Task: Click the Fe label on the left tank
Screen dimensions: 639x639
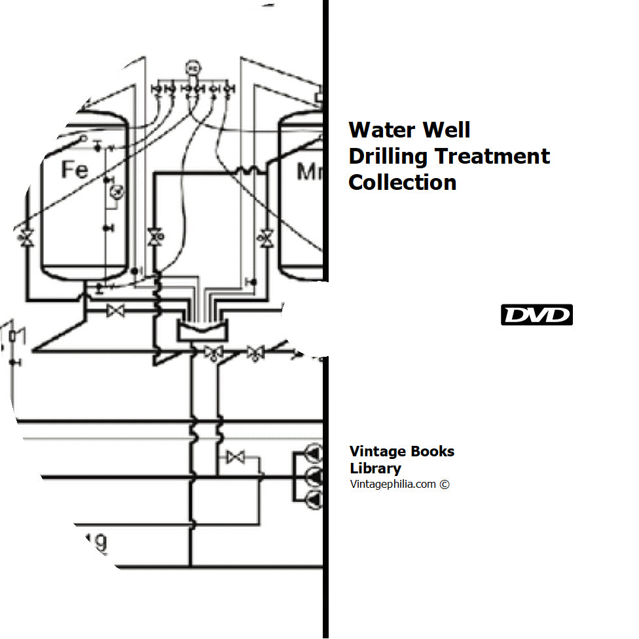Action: (75, 170)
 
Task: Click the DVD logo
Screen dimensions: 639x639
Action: (537, 315)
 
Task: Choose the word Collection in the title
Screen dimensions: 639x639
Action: (402, 182)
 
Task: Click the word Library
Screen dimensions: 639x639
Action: (375, 468)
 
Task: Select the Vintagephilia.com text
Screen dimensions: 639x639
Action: (392, 484)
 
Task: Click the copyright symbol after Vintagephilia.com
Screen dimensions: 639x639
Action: (445, 485)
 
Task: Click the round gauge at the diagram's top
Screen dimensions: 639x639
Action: (192, 68)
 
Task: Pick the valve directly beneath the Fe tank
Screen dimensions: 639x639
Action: (117, 311)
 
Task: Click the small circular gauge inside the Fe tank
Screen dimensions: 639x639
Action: (115, 192)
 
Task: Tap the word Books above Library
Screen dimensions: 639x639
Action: (431, 451)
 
